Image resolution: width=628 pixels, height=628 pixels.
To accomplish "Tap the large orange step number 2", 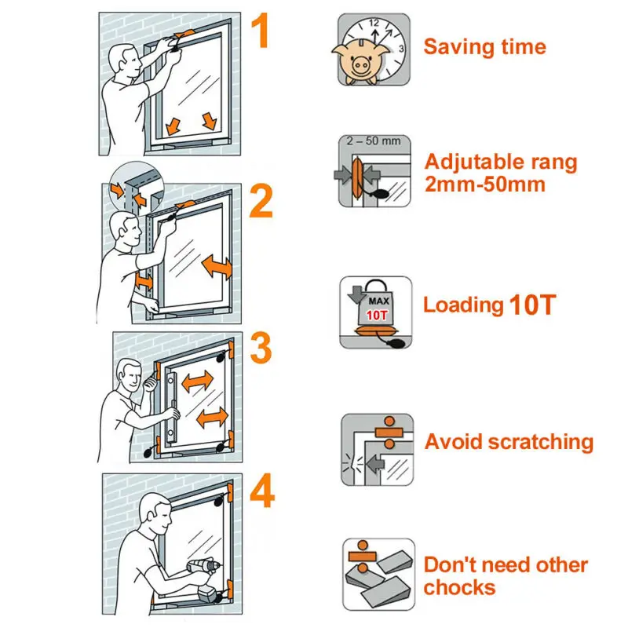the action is point(262,202).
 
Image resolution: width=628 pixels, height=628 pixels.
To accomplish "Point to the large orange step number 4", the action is point(262,492).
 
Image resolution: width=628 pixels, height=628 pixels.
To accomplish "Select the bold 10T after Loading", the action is point(532,305).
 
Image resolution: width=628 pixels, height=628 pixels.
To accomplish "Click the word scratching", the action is point(541,443).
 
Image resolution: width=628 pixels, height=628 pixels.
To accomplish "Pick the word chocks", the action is point(460,588).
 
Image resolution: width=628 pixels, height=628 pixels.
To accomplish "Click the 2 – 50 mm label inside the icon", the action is point(374,141).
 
